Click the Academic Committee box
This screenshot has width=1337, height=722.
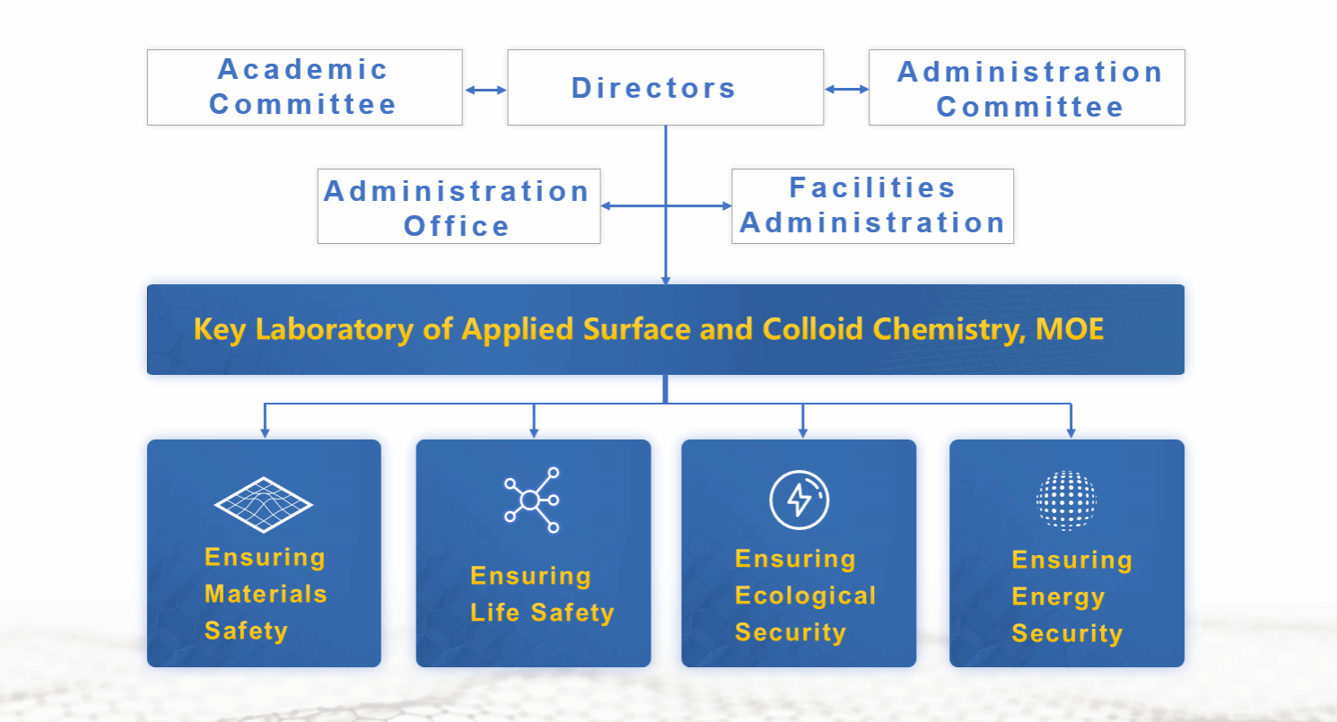click(305, 87)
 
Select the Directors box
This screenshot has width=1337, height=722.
click(666, 87)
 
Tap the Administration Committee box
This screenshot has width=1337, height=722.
click(1027, 87)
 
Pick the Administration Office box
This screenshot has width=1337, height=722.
click(459, 206)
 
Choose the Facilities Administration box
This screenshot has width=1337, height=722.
click(872, 206)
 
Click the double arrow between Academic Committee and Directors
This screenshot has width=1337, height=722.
click(485, 90)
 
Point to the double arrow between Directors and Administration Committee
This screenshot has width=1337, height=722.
click(846, 90)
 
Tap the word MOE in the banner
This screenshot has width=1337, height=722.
click(1069, 329)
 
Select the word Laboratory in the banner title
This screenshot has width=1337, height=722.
click(334, 330)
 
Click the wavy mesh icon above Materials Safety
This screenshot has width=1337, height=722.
click(263, 504)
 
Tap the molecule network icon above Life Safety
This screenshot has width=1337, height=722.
click(532, 500)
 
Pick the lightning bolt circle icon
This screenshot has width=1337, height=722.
click(800, 500)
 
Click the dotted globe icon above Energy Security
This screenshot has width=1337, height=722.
click(1067, 500)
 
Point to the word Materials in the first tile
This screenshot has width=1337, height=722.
click(266, 595)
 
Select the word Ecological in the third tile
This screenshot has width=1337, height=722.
click(806, 596)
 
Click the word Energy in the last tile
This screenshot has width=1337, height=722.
click(1058, 597)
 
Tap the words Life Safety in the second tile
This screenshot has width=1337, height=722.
click(542, 613)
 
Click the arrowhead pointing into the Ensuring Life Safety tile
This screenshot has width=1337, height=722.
click(534, 432)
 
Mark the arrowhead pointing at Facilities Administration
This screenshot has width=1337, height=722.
click(726, 206)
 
